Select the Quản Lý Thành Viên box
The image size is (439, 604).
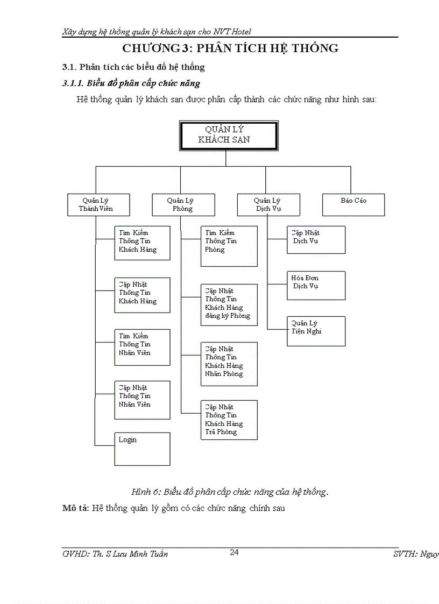tap(96, 204)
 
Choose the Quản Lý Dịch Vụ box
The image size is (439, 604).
tap(268, 204)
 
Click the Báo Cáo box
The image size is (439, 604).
tap(353, 204)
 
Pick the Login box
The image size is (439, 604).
tap(142, 449)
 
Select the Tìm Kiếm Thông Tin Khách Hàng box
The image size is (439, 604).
tap(142, 243)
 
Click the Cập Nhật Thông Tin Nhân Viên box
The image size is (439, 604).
tap(142, 399)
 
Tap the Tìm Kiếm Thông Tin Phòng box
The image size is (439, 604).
tap(229, 246)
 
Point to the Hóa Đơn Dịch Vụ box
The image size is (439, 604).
tap(316, 285)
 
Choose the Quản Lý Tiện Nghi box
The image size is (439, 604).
tap(316, 330)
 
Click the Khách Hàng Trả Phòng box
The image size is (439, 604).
tap(229, 420)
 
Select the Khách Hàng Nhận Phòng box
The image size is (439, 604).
tap(229, 364)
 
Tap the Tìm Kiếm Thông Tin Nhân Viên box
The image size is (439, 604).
tap(142, 347)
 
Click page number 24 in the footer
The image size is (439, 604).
tap(234, 552)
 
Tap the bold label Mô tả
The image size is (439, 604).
tap(75, 508)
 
